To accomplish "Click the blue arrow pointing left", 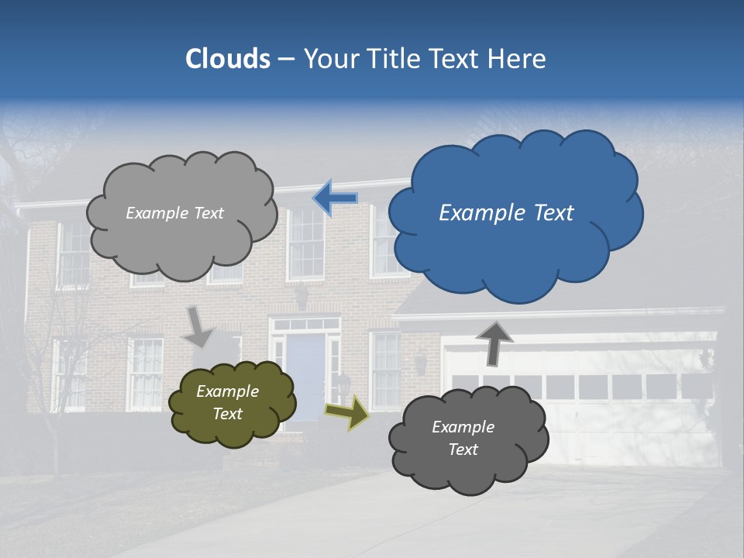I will [336, 198].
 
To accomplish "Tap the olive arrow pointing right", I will [346, 412].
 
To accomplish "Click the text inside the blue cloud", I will [506, 213].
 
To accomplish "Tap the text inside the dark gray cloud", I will [463, 438].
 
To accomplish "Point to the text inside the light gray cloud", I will [174, 213].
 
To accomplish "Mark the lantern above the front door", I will [301, 297].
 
